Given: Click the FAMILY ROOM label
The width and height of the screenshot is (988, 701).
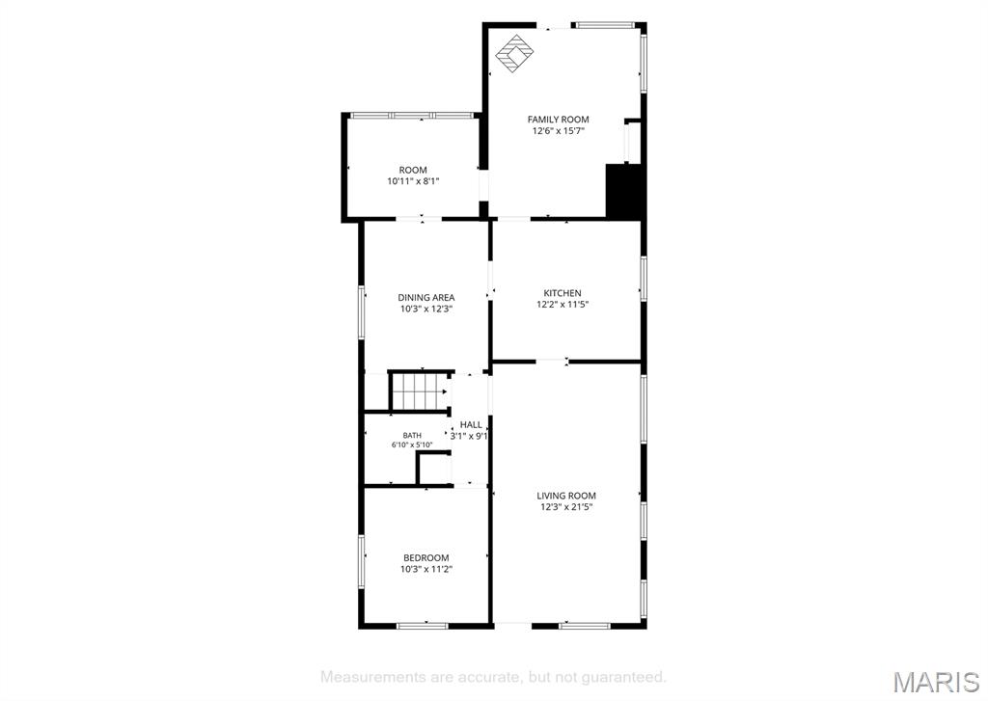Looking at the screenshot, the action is click(559, 119).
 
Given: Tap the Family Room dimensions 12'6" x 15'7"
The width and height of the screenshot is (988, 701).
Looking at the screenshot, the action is click(559, 131).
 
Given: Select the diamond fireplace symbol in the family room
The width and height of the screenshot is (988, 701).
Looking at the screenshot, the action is click(515, 54).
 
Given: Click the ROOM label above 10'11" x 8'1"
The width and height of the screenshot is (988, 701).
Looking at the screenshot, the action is click(413, 170).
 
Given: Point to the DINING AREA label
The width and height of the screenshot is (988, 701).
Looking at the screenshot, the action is click(425, 297).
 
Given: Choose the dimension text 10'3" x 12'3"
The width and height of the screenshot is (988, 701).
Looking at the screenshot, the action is click(426, 310).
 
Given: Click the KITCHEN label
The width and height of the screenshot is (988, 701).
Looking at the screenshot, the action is click(563, 293).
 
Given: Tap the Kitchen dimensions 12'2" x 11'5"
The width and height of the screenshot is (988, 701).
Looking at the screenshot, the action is click(563, 305).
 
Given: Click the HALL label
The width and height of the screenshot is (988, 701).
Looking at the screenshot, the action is click(471, 424).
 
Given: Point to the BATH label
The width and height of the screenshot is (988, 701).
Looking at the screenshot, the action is click(412, 435).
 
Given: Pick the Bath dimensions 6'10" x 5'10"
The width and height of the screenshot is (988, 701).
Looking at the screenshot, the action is click(412, 445).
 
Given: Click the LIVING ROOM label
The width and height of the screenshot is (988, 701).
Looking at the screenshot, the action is click(566, 496).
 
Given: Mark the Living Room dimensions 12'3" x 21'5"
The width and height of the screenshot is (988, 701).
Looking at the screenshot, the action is click(566, 507).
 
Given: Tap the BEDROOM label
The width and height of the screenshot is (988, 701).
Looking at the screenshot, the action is click(426, 558).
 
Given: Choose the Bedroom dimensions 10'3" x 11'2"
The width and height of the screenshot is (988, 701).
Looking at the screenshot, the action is click(426, 569).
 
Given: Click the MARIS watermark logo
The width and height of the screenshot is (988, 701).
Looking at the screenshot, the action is click(936, 682).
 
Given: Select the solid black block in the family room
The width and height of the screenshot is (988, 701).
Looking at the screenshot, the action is click(624, 192).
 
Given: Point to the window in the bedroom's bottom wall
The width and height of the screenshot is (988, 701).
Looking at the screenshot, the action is click(423, 626).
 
